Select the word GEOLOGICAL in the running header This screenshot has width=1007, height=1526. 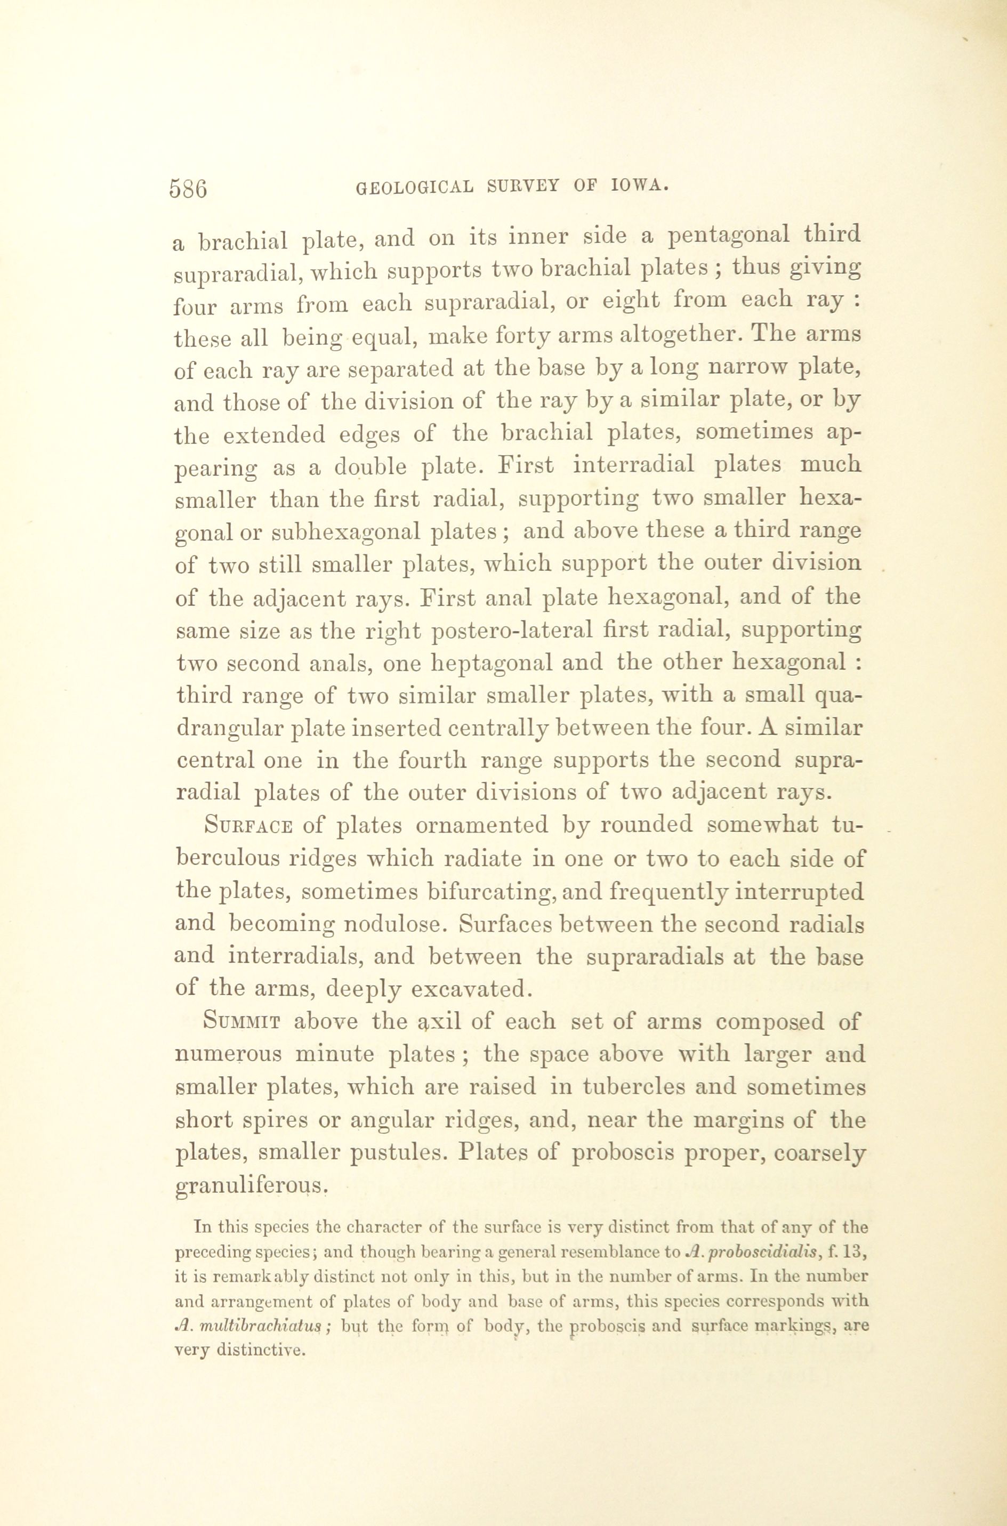[x=415, y=188]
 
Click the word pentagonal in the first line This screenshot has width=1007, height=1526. [x=728, y=236]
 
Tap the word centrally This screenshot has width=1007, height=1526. [x=487, y=729]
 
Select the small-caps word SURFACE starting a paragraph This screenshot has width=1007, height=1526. [x=248, y=825]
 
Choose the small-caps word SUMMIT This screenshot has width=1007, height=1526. [x=242, y=1021]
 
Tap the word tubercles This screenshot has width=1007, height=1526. [x=625, y=1087]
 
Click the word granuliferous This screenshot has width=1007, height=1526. [x=251, y=1186]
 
